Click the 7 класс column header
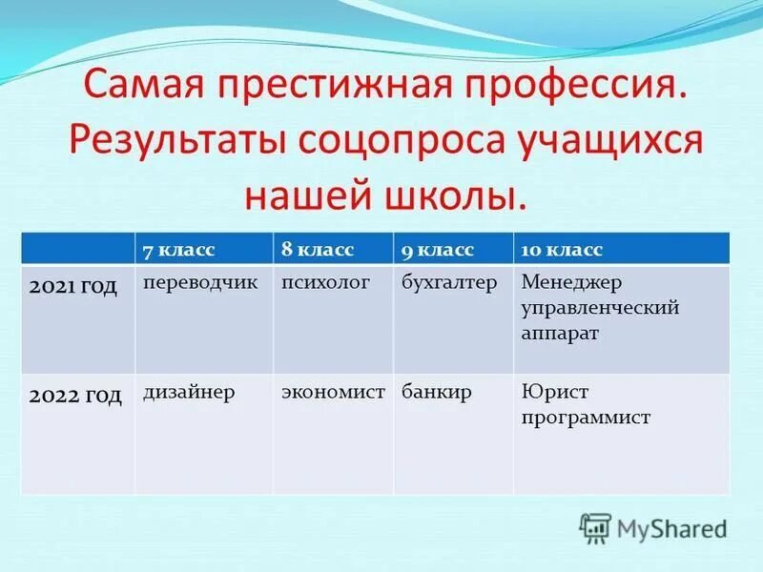pos(179,250)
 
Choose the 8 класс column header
pos(318,250)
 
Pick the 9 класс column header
pos(438,250)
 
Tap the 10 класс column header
pos(562,250)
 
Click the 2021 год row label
pos(72,286)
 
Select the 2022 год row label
pos(75,396)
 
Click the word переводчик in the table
pos(200,284)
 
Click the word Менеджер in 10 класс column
pos(572,284)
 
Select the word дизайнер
pos(189,392)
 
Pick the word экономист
pos(333,392)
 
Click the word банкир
pos(436,392)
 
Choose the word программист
pos(586,417)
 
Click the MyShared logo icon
pos(595,526)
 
